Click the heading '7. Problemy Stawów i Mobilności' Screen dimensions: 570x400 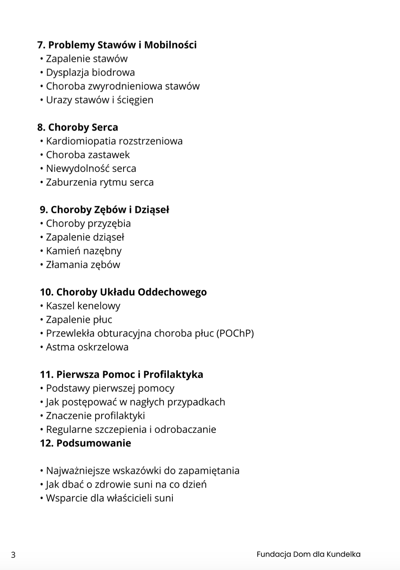(x=117, y=45)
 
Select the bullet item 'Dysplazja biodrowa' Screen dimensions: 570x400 (x=90, y=72)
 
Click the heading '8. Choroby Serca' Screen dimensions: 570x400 (x=78, y=127)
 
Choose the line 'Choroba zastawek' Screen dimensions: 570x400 (x=88, y=155)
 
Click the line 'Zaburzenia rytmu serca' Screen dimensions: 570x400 (x=100, y=182)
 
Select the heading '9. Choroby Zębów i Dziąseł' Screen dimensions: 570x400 (x=104, y=210)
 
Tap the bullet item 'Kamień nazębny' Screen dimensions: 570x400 (x=84, y=251)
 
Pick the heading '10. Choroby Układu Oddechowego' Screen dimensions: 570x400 (x=123, y=292)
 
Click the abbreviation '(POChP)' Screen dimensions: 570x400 (x=235, y=333)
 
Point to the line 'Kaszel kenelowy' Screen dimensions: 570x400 (x=83, y=306)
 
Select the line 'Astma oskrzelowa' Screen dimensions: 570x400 (x=87, y=347)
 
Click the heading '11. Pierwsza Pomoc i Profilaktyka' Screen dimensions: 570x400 (x=122, y=375)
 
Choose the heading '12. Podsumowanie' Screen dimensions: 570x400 (x=85, y=443)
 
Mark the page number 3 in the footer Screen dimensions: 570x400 (x=13, y=555)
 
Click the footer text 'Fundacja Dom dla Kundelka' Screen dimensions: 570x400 (x=309, y=554)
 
